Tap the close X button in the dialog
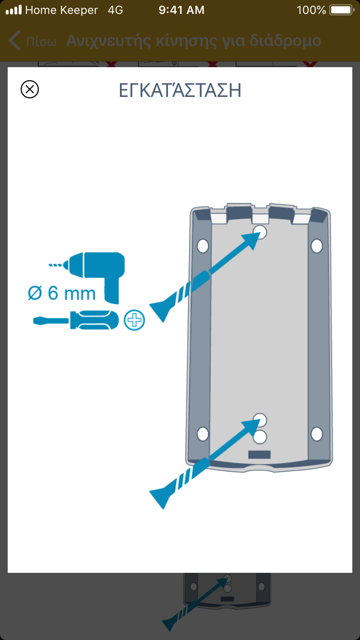30,89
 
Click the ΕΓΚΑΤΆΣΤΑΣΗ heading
180,90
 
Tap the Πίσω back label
41,42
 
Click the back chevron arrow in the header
14,40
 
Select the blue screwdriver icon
76,320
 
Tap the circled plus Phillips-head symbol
134,320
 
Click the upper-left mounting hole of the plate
203,246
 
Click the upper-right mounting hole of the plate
316,246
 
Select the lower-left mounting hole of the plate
203,434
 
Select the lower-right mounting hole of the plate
316,434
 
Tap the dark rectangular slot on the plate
259,454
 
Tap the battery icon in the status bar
342,10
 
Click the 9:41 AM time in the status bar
181,10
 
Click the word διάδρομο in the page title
285,41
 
